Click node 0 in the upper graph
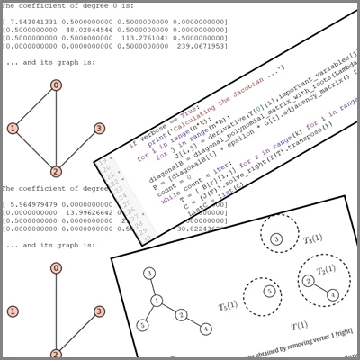[x=56, y=85]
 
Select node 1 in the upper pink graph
[x=13, y=129]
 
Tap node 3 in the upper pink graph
[x=99, y=129]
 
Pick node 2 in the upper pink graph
[x=56, y=172]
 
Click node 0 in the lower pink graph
[x=56, y=268]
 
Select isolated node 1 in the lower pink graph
[x=13, y=311]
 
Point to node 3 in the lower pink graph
[x=99, y=311]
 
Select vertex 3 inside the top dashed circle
[x=277, y=238]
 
